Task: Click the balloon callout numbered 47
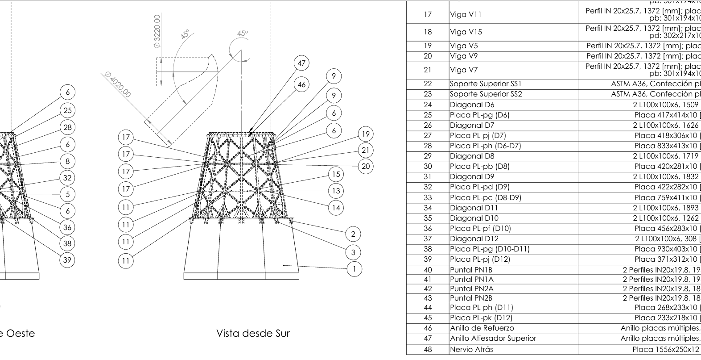pyautogui.click(x=302, y=63)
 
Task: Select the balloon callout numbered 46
pyautogui.click(x=302, y=84)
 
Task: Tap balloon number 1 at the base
pyautogui.click(x=354, y=269)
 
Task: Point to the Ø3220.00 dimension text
pyautogui.click(x=157, y=31)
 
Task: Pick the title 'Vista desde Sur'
pyautogui.click(x=253, y=333)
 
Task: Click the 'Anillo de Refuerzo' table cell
pyautogui.click(x=482, y=328)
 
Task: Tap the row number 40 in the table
pyautogui.click(x=428, y=269)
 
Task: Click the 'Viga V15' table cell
pyautogui.click(x=466, y=32)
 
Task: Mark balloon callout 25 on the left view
pyautogui.click(x=67, y=110)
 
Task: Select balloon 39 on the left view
pyautogui.click(x=67, y=260)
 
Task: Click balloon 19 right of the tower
pyautogui.click(x=366, y=134)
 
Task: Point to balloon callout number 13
pyautogui.click(x=336, y=191)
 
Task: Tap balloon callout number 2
pyautogui.click(x=353, y=234)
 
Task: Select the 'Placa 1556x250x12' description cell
pyautogui.click(x=666, y=349)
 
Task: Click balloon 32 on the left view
pyautogui.click(x=67, y=178)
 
